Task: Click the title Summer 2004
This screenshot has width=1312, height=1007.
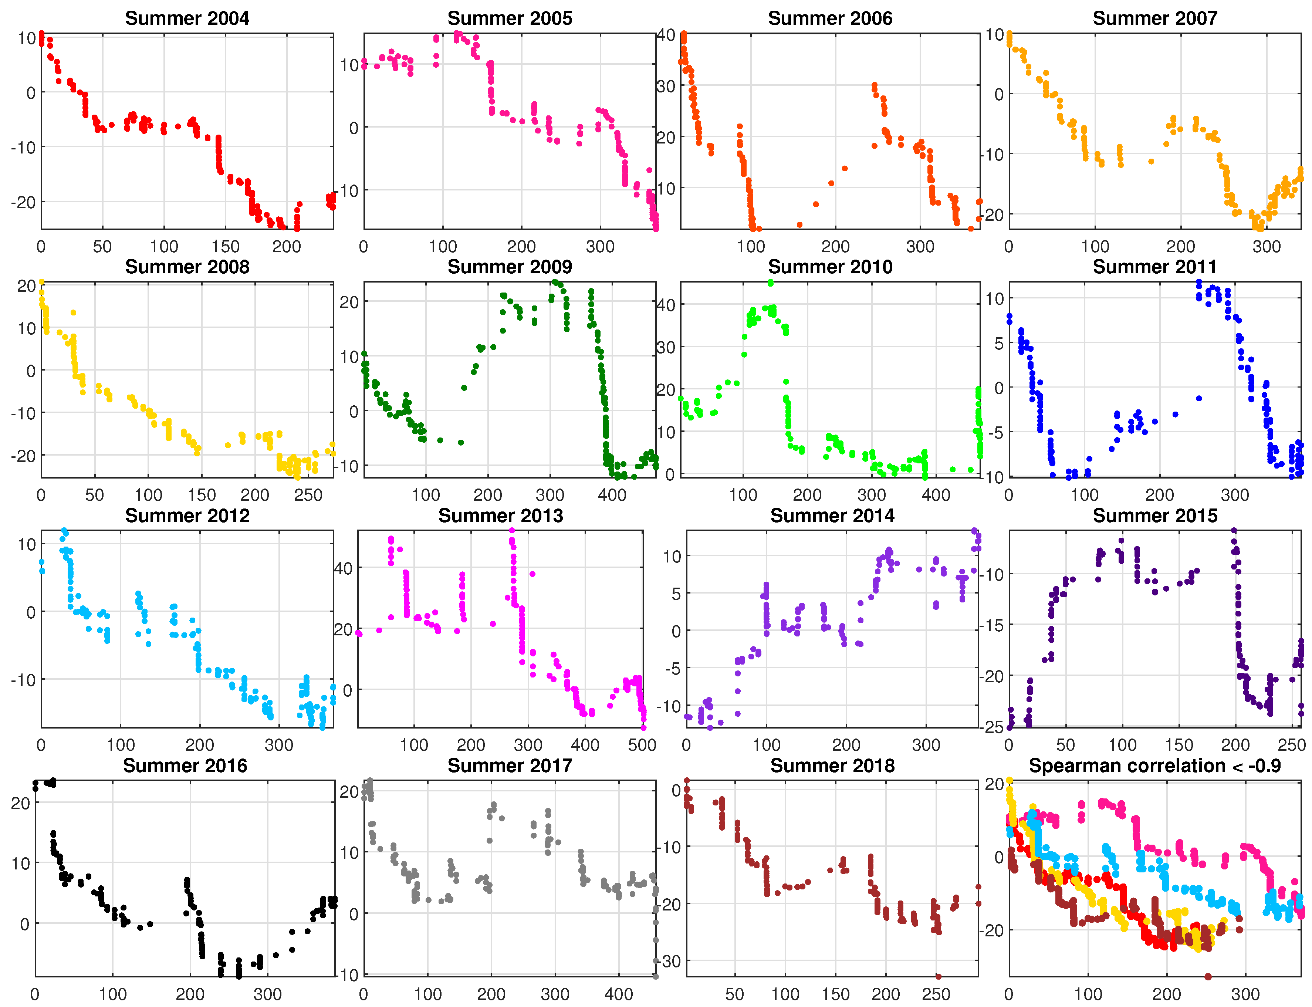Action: (x=187, y=18)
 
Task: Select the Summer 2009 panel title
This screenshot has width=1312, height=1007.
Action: (x=510, y=267)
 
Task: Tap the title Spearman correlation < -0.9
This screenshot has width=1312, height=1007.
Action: (x=1154, y=766)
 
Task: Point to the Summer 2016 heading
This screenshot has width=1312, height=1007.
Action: (x=185, y=766)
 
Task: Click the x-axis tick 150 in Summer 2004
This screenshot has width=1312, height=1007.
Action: (x=225, y=246)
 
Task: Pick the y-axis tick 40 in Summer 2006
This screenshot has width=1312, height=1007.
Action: (x=666, y=35)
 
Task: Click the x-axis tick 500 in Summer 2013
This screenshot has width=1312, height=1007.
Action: (x=642, y=745)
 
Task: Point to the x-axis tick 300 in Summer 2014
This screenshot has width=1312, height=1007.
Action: (x=926, y=745)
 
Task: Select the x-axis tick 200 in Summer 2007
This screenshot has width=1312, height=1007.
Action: (x=1181, y=246)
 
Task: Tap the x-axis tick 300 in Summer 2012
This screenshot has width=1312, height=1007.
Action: (x=279, y=745)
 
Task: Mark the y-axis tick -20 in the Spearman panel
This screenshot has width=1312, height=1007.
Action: (x=993, y=931)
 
